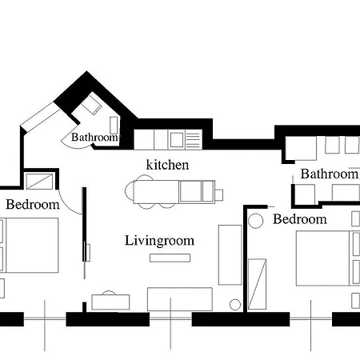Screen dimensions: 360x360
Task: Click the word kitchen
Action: (167, 165)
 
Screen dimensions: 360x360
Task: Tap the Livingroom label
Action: (159, 241)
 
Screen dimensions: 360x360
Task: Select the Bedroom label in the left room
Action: (33, 205)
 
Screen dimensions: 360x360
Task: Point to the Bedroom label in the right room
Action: (300, 219)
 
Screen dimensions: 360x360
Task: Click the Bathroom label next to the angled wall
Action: (94, 138)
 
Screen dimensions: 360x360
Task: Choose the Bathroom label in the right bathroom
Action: (330, 174)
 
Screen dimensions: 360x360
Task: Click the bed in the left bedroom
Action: (29, 246)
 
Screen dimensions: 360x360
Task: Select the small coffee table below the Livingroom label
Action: (170, 258)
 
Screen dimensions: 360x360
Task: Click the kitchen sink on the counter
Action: (177, 140)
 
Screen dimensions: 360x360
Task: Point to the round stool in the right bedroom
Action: (255, 221)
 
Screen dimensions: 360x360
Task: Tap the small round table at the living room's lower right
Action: (235, 305)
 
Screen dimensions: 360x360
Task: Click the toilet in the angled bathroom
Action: (91, 105)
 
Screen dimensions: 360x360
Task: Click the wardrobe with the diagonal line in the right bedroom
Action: (257, 284)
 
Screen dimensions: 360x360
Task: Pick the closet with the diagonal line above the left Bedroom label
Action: (39, 182)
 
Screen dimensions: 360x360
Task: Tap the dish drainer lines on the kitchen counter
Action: (193, 140)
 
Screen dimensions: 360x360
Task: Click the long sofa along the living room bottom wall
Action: (180, 299)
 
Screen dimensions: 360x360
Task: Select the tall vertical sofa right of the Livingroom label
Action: (230, 255)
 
